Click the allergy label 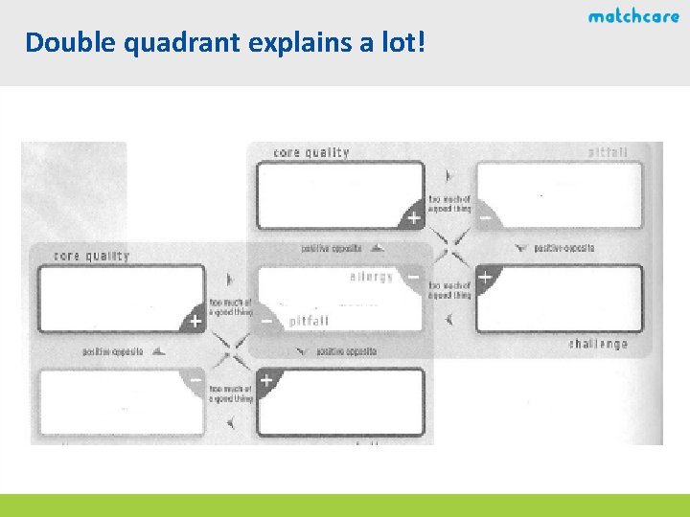[372, 278]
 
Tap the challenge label [599, 344]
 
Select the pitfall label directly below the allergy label [310, 323]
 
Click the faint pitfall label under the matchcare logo [608, 152]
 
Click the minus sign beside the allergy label [413, 276]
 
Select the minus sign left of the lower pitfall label [266, 322]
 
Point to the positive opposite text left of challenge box [563, 248]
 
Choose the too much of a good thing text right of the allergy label [449, 290]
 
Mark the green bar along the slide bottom [345, 506]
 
